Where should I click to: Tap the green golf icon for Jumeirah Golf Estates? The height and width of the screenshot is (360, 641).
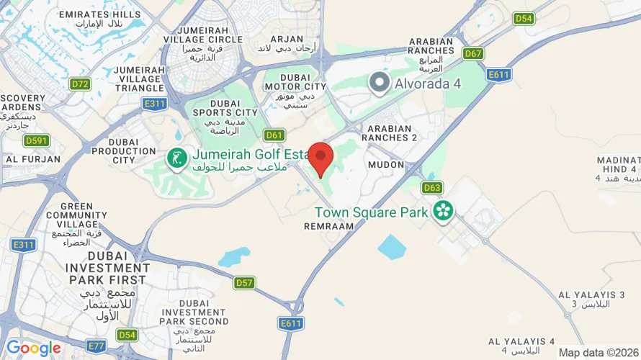pyautogui.click(x=175, y=157)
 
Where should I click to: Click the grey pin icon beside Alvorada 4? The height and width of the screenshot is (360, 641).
pyautogui.click(x=379, y=83)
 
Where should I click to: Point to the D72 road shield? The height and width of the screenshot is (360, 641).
pyautogui.click(x=80, y=84)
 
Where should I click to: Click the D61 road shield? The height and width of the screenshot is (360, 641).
pyautogui.click(x=274, y=135)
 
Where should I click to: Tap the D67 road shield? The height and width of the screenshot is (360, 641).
pyautogui.click(x=473, y=53)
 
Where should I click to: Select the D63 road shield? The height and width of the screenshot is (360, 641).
pyautogui.click(x=432, y=188)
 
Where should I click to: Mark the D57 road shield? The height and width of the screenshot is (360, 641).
pyautogui.click(x=244, y=283)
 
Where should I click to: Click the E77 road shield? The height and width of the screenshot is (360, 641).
pyautogui.click(x=96, y=346)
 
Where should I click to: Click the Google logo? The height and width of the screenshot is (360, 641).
pyautogui.click(x=33, y=348)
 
